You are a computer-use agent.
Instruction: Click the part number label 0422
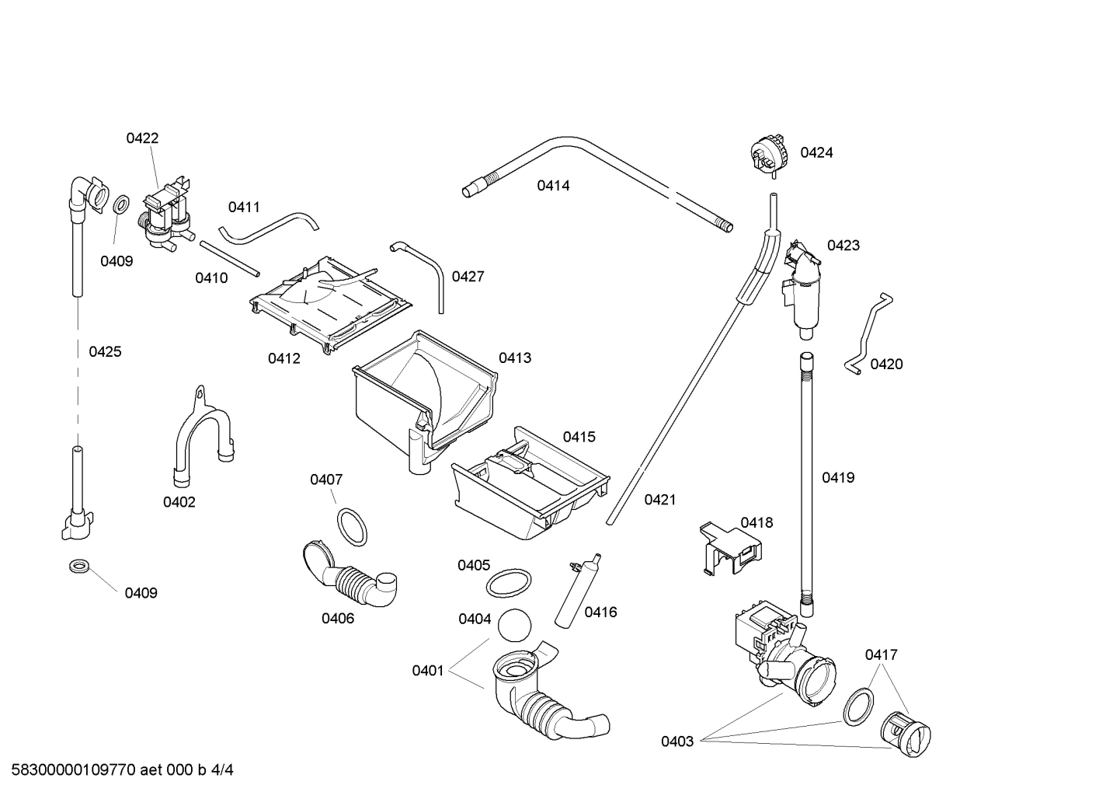tap(142, 138)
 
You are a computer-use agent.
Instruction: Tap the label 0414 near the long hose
tap(553, 185)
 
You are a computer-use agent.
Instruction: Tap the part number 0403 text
tap(677, 741)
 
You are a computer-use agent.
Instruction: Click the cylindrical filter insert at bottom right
tap(906, 732)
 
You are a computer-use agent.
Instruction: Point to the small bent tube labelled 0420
tap(869, 334)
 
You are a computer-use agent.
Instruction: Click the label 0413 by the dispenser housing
tap(515, 358)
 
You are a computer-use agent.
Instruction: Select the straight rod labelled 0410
tap(230, 258)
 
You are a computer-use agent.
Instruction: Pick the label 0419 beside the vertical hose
tap(838, 477)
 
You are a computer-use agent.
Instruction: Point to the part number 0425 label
tap(105, 351)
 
